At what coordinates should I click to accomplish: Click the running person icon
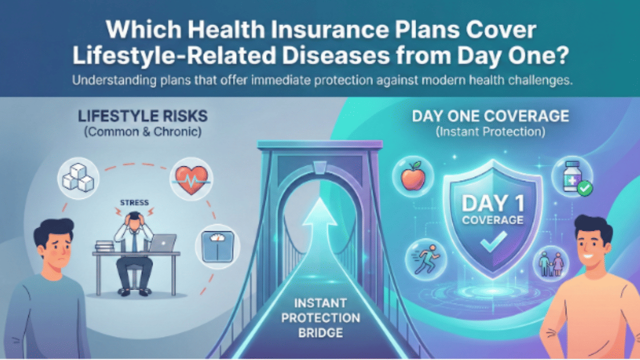tap(423, 256)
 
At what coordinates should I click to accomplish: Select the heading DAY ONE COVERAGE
tap(490, 116)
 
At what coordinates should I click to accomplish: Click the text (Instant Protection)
tap(490, 132)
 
